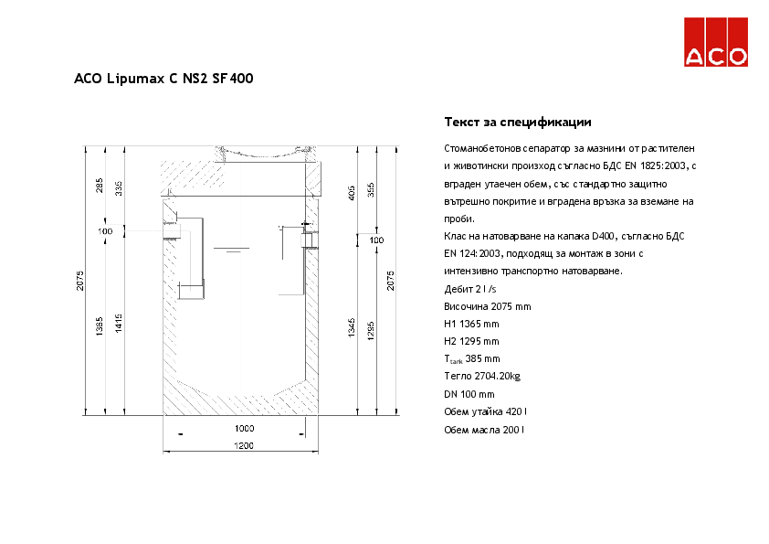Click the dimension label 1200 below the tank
pyautogui.click(x=243, y=445)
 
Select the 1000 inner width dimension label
pyautogui.click(x=243, y=428)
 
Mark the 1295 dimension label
pyautogui.click(x=372, y=329)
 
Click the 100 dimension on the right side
pyautogui.click(x=376, y=240)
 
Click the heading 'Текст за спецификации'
pyautogui.click(x=518, y=122)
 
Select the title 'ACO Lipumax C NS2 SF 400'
pyautogui.click(x=163, y=79)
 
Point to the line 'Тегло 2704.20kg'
pyautogui.click(x=482, y=376)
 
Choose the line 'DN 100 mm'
pyautogui.click(x=469, y=393)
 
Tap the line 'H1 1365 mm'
pyautogui.click(x=471, y=324)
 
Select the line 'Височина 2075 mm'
pyautogui.click(x=487, y=306)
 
